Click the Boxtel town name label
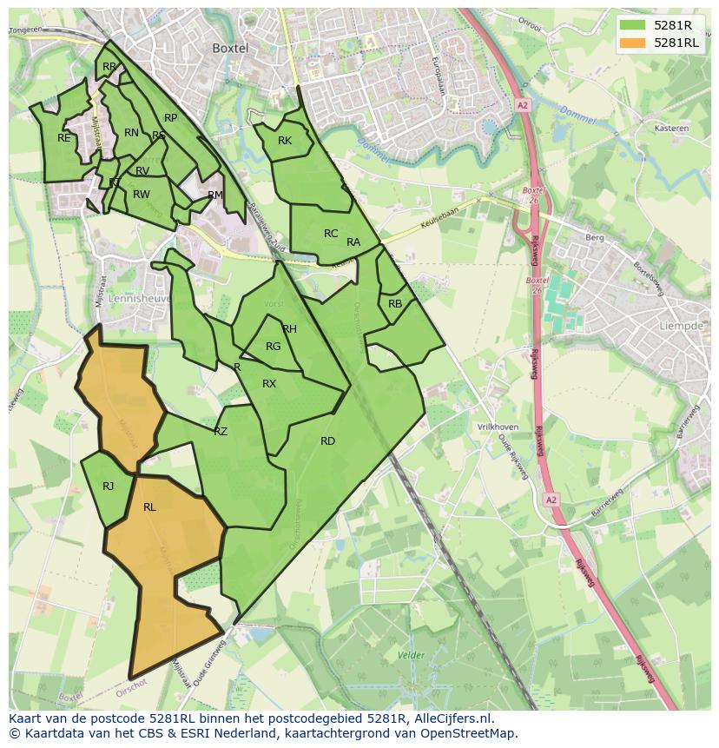pyautogui.click(x=231, y=49)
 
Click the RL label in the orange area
pyautogui.click(x=149, y=507)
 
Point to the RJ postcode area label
pyautogui.click(x=108, y=487)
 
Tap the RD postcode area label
pyautogui.click(x=327, y=441)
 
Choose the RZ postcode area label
pyautogui.click(x=221, y=431)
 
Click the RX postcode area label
pyautogui.click(x=269, y=384)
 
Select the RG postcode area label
pyautogui.click(x=273, y=347)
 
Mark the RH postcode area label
pyautogui.click(x=289, y=329)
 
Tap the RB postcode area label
pyautogui.click(x=395, y=304)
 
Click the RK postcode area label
pyautogui.click(x=285, y=141)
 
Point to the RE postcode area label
pyautogui.click(x=64, y=138)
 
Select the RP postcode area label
pyautogui.click(x=170, y=118)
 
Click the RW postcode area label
pyautogui.click(x=142, y=195)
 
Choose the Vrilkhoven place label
pyautogui.click(x=498, y=427)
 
